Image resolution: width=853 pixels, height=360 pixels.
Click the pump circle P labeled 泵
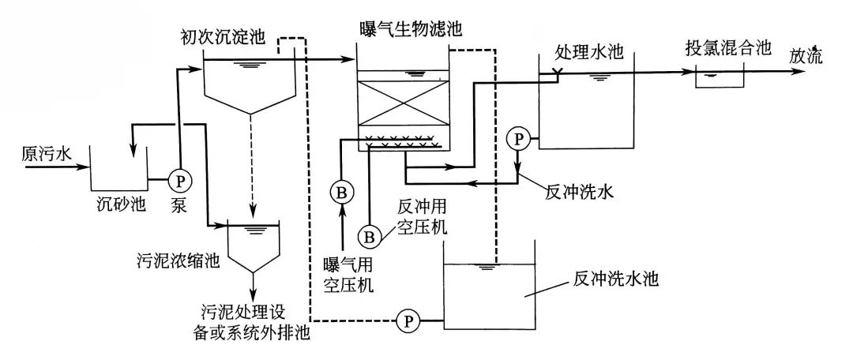(180, 180)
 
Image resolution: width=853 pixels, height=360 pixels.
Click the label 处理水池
(589, 51)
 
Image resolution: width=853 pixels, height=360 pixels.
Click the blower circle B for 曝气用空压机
(341, 192)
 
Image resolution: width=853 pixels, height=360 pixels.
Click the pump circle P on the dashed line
(408, 321)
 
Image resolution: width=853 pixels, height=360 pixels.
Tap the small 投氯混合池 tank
(719, 77)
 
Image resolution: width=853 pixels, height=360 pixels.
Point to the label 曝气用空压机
(348, 272)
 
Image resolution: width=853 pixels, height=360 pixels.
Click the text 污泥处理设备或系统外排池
(250, 324)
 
